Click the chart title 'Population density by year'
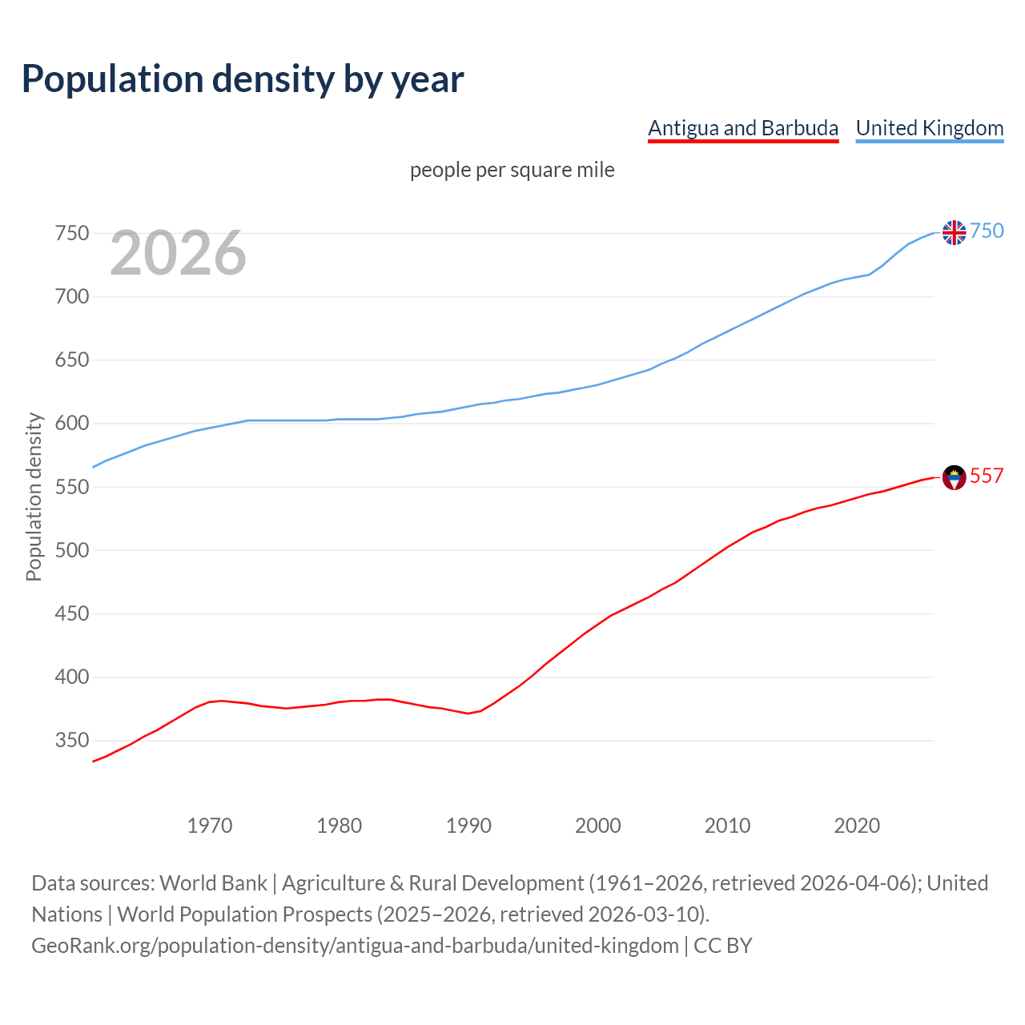243,79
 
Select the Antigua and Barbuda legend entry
742,128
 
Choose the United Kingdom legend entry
929,128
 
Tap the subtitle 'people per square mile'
512,170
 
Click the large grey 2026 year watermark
178,253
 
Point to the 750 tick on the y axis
71,234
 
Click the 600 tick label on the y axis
71,424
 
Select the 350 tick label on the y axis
71,741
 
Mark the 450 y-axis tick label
71,614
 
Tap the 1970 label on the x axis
210,826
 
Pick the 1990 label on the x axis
468,826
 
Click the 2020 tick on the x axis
857,826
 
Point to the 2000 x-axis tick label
598,826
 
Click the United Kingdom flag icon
954,232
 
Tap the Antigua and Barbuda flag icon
954,477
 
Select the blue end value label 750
987,231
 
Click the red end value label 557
987,476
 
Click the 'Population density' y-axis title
34,496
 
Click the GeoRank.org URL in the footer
355,946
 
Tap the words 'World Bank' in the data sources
213,883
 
